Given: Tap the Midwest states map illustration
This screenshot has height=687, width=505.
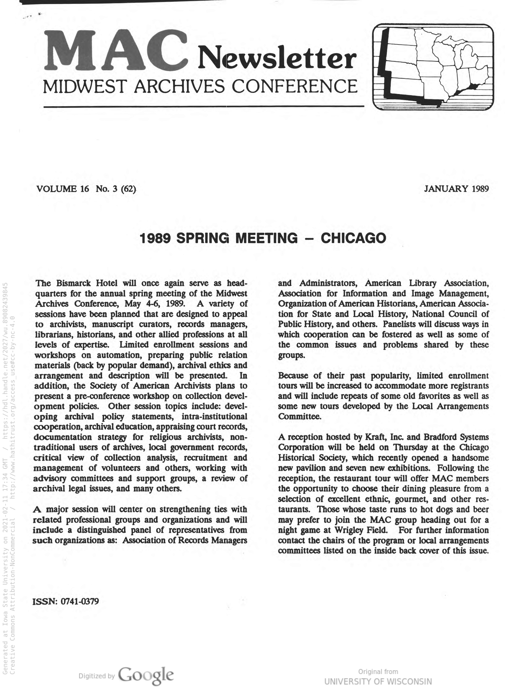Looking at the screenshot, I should point(433,67).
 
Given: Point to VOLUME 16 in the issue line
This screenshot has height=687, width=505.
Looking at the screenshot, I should point(63,189).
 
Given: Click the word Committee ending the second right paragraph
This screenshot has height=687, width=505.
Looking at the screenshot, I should point(299,416).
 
